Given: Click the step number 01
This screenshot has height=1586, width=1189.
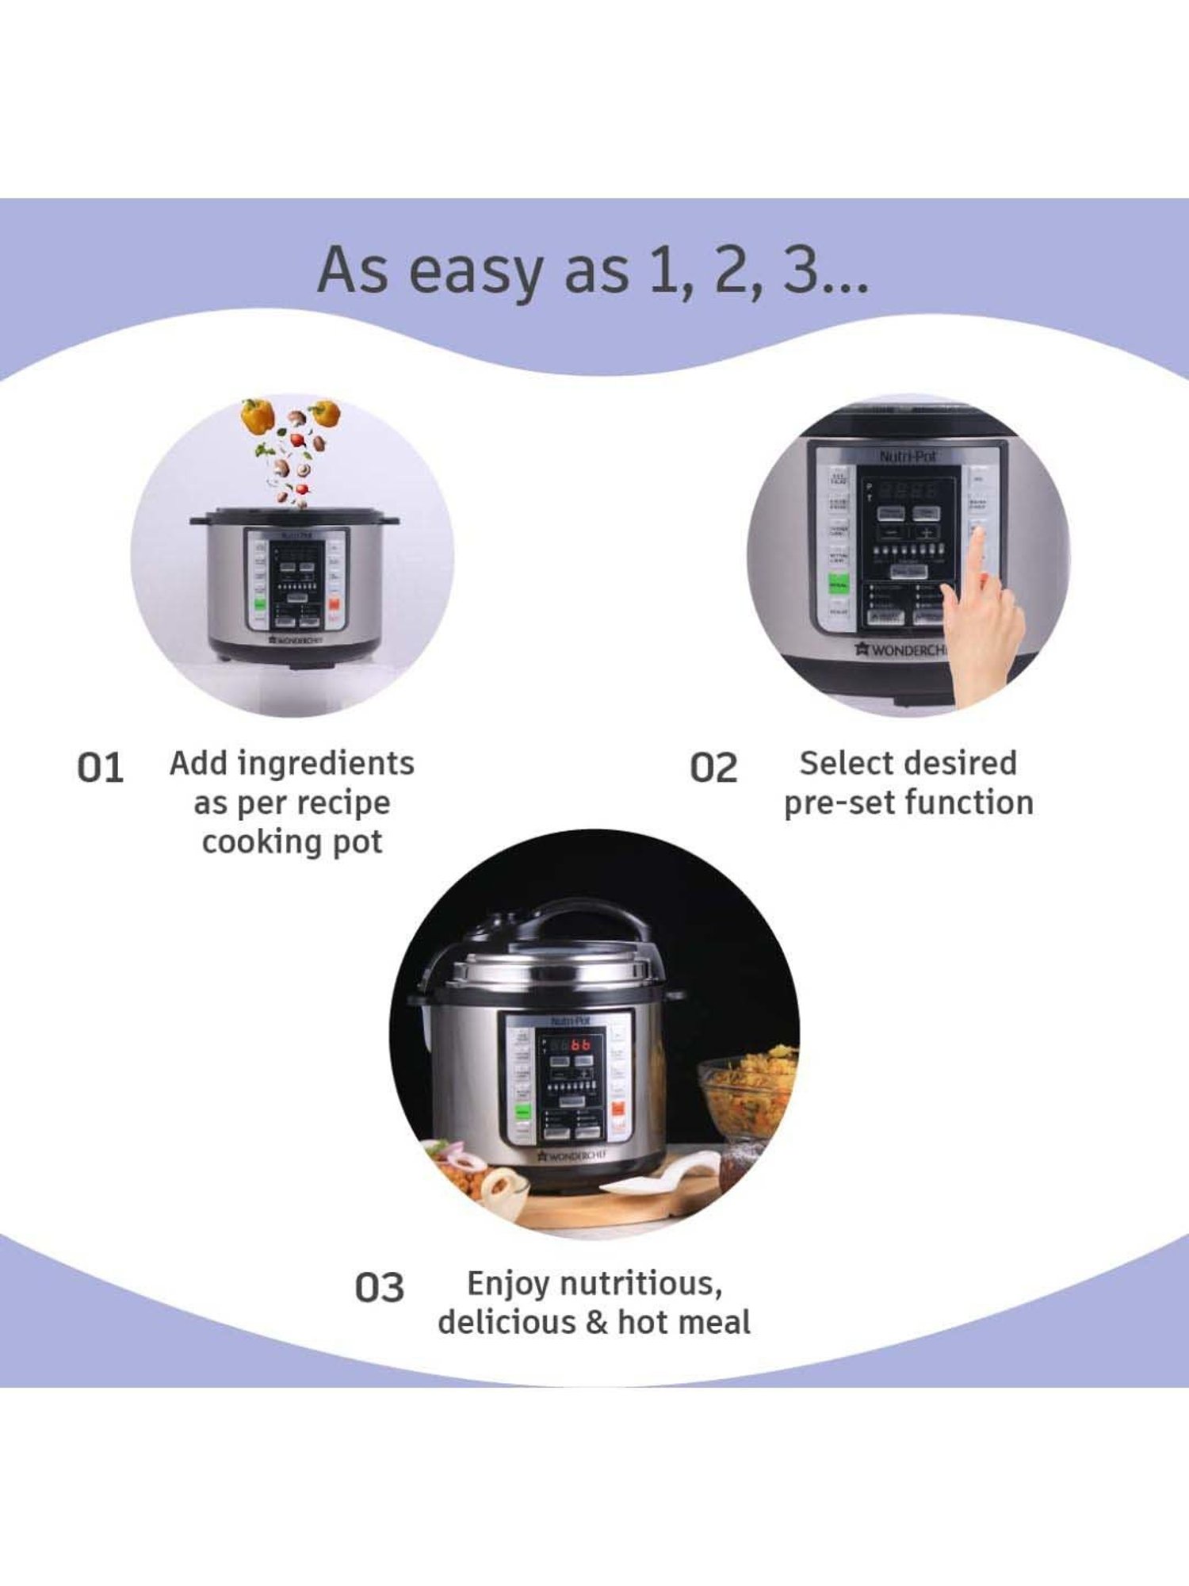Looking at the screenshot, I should pos(100,768).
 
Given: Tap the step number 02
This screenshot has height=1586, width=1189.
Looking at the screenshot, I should pos(713,768).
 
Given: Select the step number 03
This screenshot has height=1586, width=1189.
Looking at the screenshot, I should pos(379,1287).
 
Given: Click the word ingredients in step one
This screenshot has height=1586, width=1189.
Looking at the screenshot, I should pos(326,764).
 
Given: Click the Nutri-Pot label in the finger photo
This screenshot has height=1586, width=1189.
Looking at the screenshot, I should pos(908,457).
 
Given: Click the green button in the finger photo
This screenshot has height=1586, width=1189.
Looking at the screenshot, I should pos(838,584).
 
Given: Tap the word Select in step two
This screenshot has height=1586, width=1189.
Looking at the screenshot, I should pos(844,764).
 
